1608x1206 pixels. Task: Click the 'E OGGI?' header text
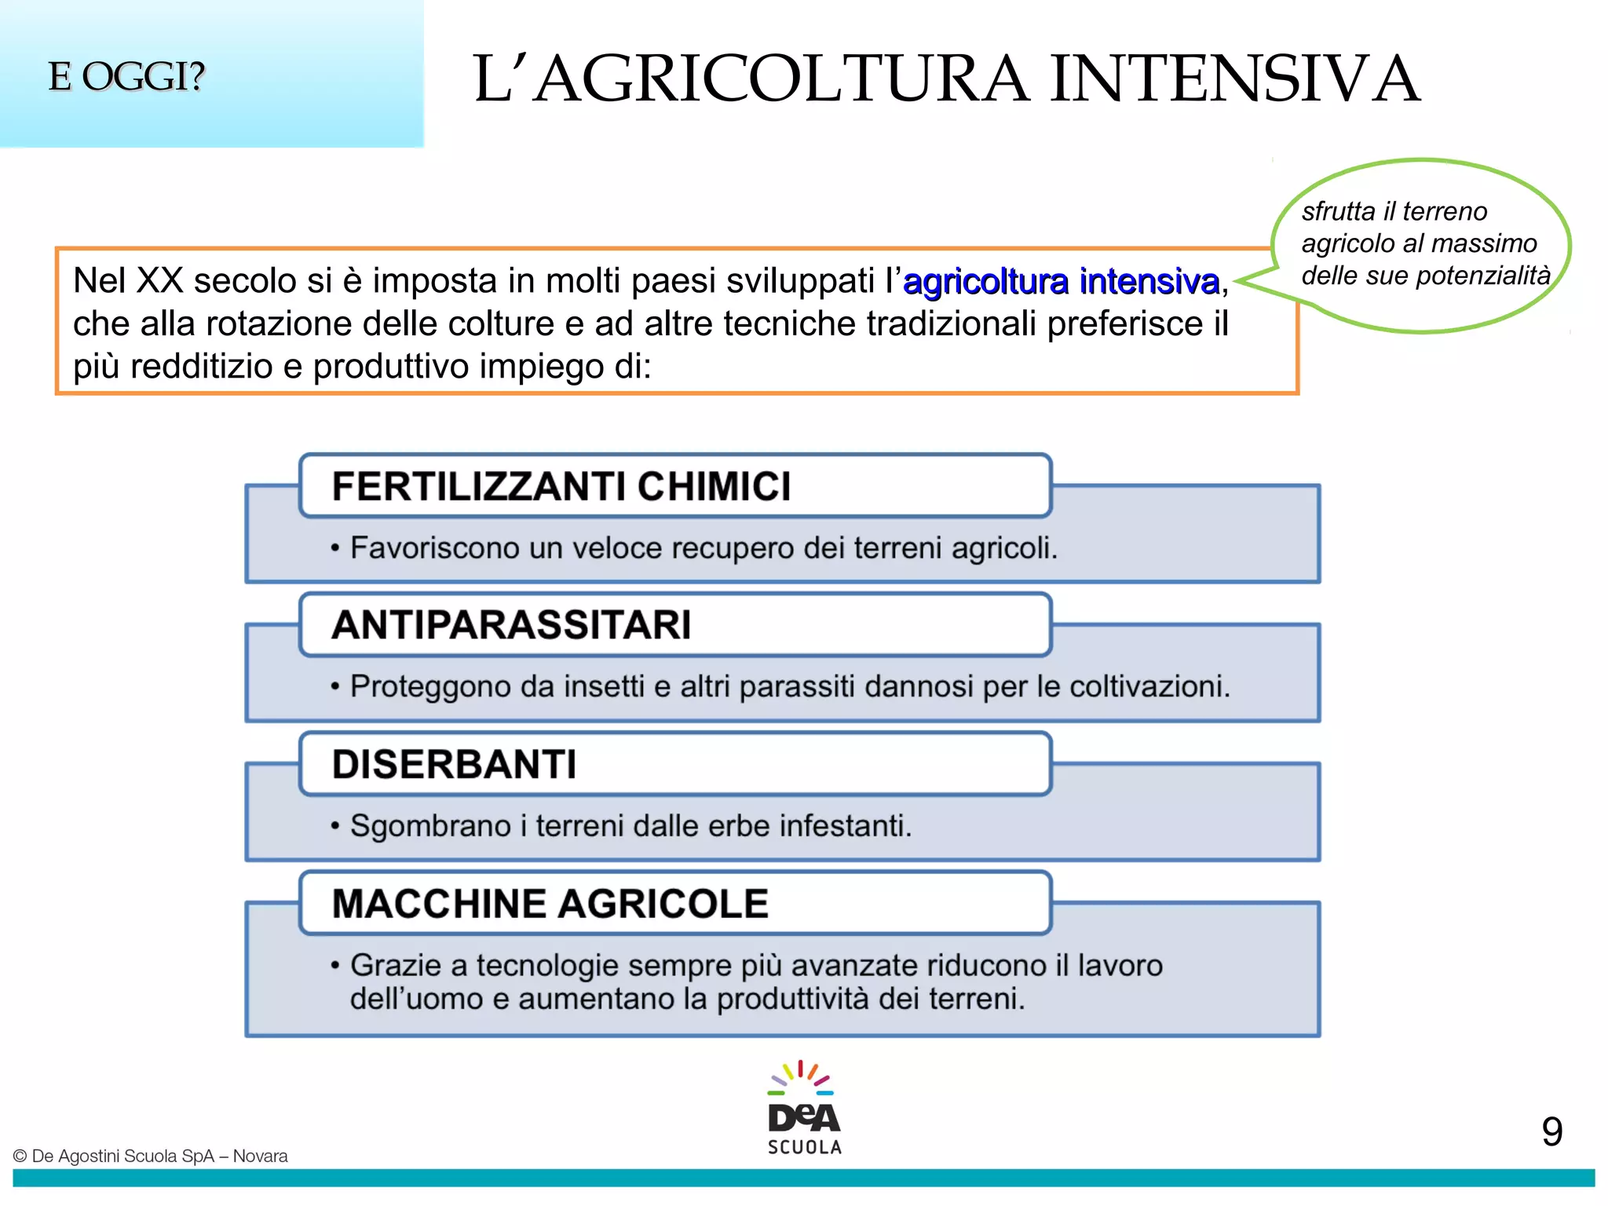[126, 77]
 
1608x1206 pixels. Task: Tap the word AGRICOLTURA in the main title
[781, 79]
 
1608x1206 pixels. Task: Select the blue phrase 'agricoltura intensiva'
[1061, 281]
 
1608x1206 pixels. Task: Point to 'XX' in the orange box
[160, 281]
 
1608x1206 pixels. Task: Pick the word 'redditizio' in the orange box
[201, 367]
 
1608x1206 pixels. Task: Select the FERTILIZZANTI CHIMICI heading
[561, 486]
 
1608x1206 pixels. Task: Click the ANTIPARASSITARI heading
[511, 625]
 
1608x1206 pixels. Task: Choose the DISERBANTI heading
[454, 764]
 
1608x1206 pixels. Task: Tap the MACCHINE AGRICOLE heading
[550, 903]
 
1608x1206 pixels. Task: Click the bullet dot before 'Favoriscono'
[335, 548]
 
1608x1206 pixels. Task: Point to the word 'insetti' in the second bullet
[604, 687]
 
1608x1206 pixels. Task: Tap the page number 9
[1551, 1131]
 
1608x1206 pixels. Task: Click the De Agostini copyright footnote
[151, 1156]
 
